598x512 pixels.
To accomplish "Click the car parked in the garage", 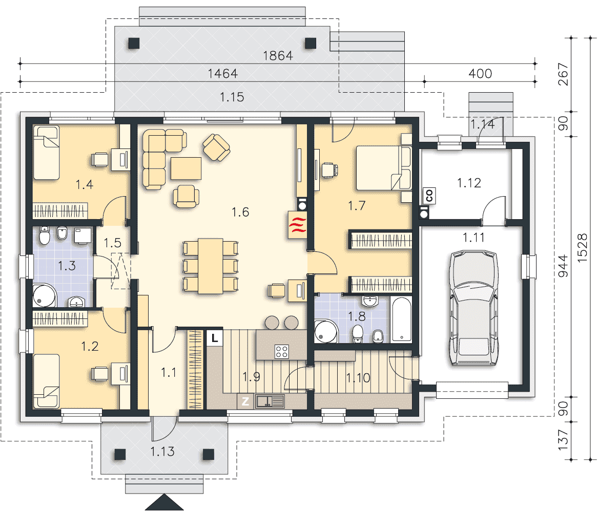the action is click(474, 308).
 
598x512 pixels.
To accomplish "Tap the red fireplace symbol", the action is click(298, 225).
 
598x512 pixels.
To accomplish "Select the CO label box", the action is click(429, 196).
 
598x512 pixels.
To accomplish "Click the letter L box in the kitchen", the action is click(215, 338).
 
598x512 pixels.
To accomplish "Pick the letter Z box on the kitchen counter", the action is click(245, 401).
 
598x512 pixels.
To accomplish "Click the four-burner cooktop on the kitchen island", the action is click(282, 352).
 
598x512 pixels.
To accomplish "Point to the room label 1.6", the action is click(240, 212).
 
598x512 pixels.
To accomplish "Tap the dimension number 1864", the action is click(278, 56).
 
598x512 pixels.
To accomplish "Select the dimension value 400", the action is click(480, 73).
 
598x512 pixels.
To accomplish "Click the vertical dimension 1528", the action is click(582, 248).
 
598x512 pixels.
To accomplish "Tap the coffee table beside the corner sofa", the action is click(186, 168).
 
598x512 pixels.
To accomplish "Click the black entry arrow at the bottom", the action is click(164, 502).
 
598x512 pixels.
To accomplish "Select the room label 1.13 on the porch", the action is click(162, 452).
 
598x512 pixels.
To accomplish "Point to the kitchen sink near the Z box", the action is click(270, 401).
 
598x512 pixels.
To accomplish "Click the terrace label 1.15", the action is click(232, 97).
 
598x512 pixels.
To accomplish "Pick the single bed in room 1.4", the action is click(46, 153).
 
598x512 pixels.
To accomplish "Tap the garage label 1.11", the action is click(473, 238).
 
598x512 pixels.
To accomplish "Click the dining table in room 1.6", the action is click(210, 266).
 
